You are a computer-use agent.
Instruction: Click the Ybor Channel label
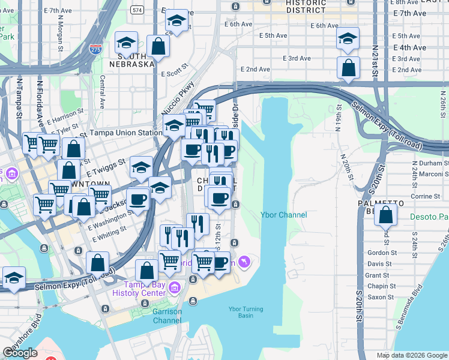pyautogui.click(x=283, y=215)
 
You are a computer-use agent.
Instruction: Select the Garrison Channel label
pyautogui.click(x=167, y=316)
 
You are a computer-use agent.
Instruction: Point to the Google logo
pyautogui.click(x=20, y=353)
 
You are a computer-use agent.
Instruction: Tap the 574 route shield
pyautogui.click(x=137, y=10)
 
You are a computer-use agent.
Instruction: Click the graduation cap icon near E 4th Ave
pyautogui.click(x=348, y=39)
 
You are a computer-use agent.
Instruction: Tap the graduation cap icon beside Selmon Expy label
pyautogui.click(x=14, y=278)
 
